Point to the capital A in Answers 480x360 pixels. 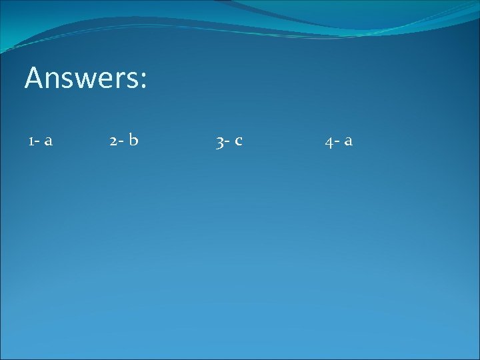coord(34,77)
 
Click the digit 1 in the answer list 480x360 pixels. coord(31,141)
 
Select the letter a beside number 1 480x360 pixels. coord(49,141)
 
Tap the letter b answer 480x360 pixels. coord(133,139)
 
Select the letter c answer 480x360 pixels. coord(238,141)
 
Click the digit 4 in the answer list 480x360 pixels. coord(329,142)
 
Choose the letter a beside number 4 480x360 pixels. coord(348,141)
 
